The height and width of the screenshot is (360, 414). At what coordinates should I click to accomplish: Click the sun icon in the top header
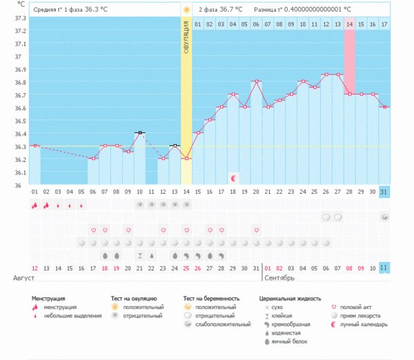[x=186, y=10]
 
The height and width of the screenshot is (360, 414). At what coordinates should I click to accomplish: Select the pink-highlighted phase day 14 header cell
[x=350, y=24]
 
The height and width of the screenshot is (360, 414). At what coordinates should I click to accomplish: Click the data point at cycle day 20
[x=256, y=81]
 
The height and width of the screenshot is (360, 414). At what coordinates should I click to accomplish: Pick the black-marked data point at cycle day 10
[x=139, y=132]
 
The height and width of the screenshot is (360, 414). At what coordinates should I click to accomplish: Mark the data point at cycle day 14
[x=186, y=159]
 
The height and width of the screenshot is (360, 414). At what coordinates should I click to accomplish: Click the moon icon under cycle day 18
[x=233, y=178]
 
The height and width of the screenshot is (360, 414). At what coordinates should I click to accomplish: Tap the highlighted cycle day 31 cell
[x=384, y=191]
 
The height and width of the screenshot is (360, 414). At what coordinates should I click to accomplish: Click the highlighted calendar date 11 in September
[x=384, y=268]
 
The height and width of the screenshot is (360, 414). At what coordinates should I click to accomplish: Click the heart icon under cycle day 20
[x=256, y=230]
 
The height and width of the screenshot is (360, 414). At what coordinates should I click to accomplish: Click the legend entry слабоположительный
[x=223, y=323]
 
